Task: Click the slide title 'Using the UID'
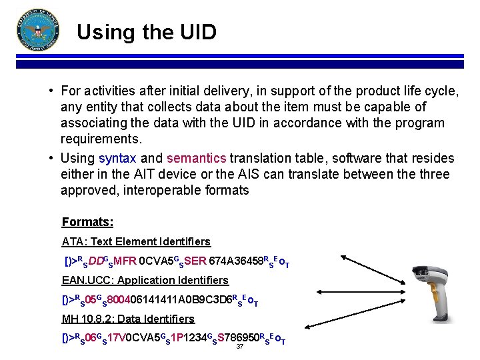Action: pyautogui.click(x=146, y=31)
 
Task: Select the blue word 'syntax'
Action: pyautogui.click(x=117, y=159)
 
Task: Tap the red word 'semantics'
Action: pyautogui.click(x=197, y=159)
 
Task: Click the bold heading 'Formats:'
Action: pyautogui.click(x=87, y=222)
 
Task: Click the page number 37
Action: pyautogui.click(x=240, y=347)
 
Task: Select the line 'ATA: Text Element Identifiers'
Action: pyautogui.click(x=136, y=241)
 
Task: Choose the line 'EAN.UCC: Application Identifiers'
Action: pyautogui.click(x=145, y=280)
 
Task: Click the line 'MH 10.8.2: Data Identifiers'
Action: pyautogui.click(x=128, y=319)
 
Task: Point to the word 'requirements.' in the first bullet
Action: pyautogui.click(x=101, y=139)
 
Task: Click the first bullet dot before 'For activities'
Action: pyautogui.click(x=51, y=91)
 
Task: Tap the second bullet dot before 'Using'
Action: pyautogui.click(x=51, y=159)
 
